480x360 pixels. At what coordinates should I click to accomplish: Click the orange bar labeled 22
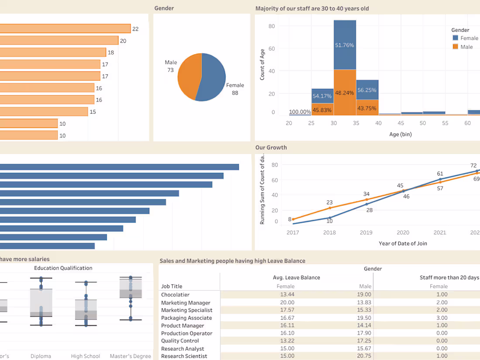(65, 29)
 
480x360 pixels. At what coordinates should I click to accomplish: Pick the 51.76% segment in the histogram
(345, 45)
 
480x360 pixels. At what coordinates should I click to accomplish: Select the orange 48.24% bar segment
(345, 93)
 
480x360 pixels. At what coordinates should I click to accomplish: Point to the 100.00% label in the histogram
(300, 112)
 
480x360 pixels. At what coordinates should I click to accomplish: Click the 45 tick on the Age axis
(401, 123)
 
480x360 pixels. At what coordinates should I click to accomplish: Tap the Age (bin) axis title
(400, 134)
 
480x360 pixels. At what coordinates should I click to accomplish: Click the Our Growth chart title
(271, 147)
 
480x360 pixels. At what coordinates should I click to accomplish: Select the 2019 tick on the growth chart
(366, 233)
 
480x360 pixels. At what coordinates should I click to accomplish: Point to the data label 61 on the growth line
(440, 174)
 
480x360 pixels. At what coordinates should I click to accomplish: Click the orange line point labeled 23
(329, 208)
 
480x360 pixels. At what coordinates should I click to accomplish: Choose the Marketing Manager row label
(185, 303)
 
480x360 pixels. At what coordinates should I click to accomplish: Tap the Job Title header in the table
(171, 287)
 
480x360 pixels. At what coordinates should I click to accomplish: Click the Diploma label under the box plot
(41, 356)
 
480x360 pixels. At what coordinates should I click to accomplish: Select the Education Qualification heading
(63, 268)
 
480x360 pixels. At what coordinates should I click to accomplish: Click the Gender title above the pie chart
(164, 8)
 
